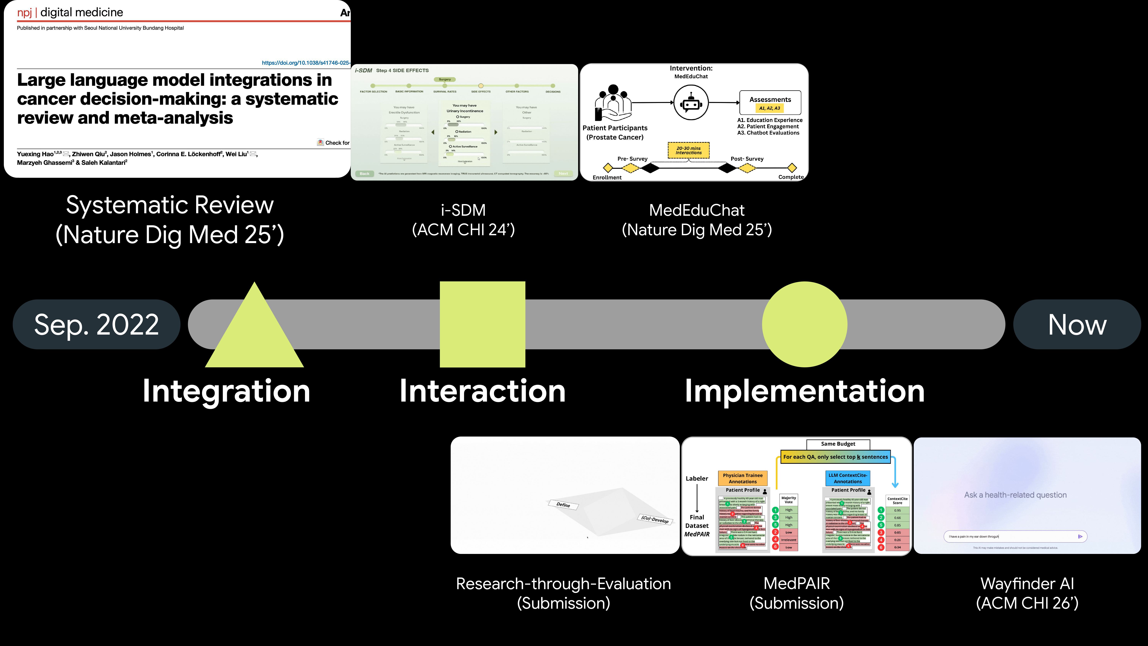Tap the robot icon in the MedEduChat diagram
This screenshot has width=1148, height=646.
[691, 103]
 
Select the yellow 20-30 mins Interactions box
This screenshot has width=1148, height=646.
[689, 150]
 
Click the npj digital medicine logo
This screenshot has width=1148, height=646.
[70, 12]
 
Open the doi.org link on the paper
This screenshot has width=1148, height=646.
[306, 63]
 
